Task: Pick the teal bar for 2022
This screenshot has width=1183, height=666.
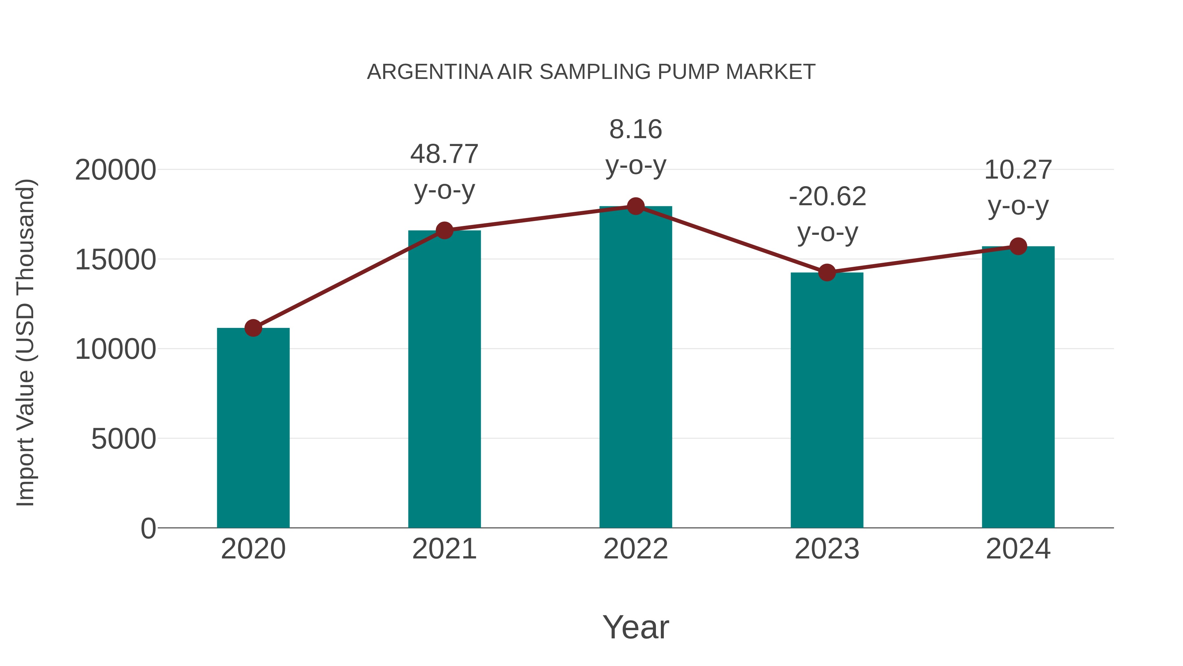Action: [x=636, y=368]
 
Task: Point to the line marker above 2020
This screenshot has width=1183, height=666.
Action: [x=253, y=328]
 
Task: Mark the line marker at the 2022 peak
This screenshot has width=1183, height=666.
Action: [x=636, y=206]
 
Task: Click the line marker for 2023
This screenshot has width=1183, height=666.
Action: [x=827, y=273]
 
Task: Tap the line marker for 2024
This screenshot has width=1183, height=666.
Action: [x=1018, y=246]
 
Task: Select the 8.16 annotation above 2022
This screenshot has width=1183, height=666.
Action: [x=636, y=130]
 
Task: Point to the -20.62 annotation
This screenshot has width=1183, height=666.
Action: [x=827, y=197]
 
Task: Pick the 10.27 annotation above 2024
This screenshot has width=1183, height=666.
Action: [x=1018, y=170]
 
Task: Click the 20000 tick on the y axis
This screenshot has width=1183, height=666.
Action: [x=115, y=170]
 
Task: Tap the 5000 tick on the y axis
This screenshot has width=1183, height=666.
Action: [x=124, y=439]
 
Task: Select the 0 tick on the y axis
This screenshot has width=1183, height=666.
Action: [x=148, y=528]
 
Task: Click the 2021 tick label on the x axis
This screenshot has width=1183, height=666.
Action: [x=444, y=549]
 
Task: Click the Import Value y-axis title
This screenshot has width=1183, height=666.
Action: [x=26, y=342]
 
